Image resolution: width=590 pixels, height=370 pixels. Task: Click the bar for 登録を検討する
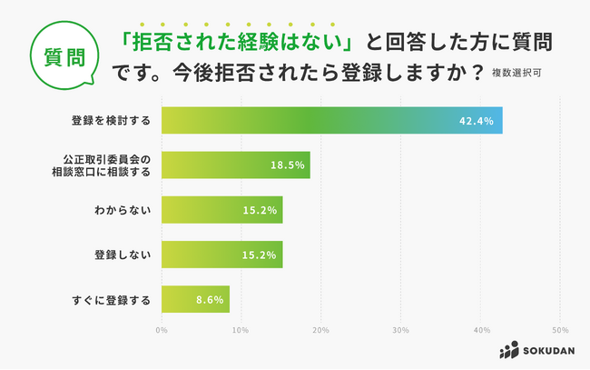click(331, 120)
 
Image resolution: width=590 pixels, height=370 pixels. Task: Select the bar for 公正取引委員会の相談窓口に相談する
click(236, 165)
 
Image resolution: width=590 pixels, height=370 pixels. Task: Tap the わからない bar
click(222, 210)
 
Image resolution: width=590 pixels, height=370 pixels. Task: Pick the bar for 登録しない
click(222, 255)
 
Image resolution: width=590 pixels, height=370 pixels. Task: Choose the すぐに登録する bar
click(195, 299)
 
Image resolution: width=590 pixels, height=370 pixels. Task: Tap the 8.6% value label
click(211, 300)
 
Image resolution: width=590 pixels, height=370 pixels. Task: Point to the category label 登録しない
click(127, 255)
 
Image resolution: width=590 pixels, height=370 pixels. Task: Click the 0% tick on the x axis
click(162, 330)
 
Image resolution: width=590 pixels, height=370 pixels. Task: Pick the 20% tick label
click(320, 330)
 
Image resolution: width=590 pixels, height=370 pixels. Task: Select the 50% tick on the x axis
click(560, 330)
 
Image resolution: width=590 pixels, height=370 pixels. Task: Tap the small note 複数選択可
click(520, 72)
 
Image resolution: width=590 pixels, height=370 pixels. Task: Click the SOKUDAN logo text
click(545, 351)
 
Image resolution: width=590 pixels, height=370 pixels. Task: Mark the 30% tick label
click(400, 330)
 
